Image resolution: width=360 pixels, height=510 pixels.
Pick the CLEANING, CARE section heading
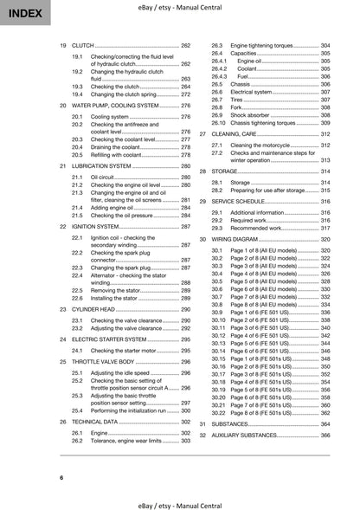click(x=241, y=135)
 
